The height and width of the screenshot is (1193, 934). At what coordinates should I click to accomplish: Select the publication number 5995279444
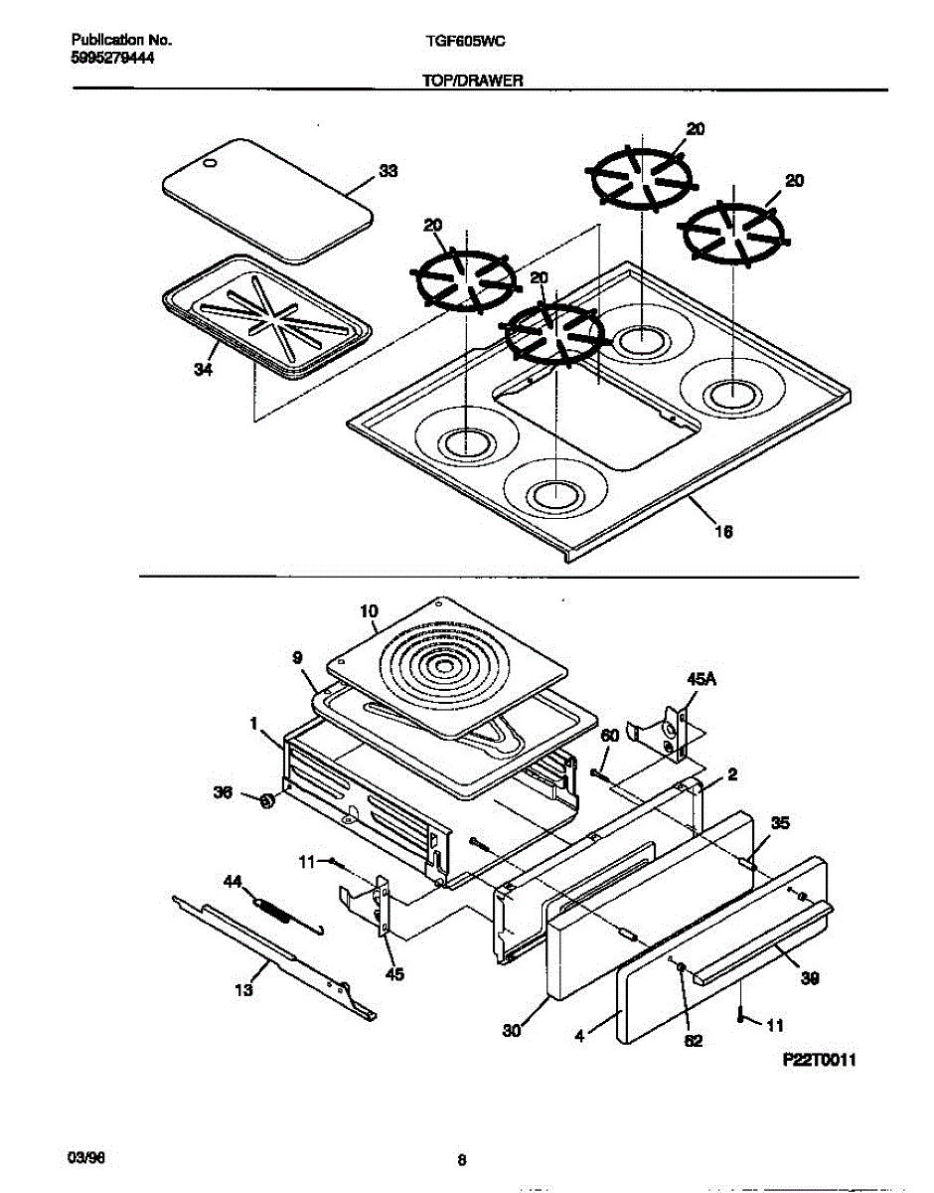click(113, 58)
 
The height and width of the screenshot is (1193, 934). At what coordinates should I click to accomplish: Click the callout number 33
click(388, 171)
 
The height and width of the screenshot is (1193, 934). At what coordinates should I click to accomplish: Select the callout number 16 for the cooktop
click(723, 532)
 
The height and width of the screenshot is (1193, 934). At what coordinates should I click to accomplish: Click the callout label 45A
click(700, 678)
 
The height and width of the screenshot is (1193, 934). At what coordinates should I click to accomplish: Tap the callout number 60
click(609, 735)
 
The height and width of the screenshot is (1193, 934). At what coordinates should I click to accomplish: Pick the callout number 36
click(225, 792)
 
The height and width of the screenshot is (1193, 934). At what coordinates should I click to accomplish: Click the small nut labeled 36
click(266, 800)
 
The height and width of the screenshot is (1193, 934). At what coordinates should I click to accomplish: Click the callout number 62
click(694, 1041)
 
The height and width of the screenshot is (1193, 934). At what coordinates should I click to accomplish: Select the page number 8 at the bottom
click(461, 1159)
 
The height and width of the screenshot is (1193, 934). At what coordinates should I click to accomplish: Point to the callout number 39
click(810, 978)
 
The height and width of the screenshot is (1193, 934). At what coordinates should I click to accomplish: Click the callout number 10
click(369, 611)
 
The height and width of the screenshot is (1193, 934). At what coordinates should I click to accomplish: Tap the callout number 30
click(511, 1031)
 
